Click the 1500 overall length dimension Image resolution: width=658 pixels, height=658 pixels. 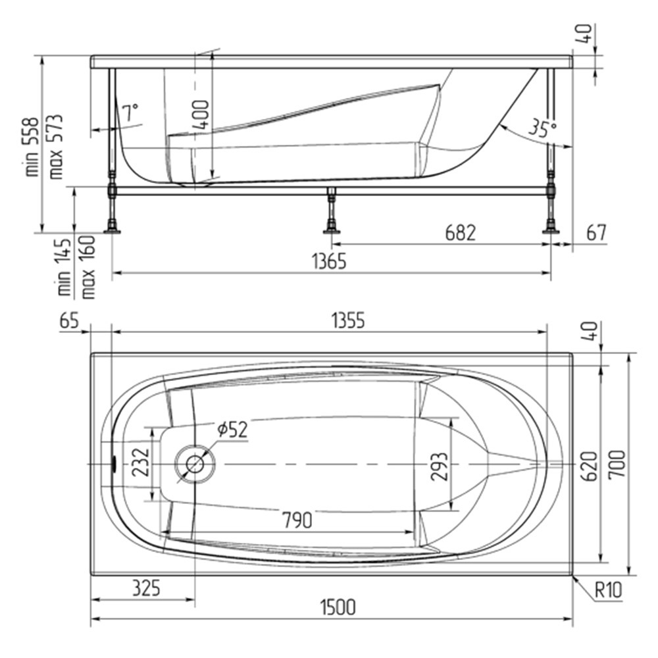pos(338,607)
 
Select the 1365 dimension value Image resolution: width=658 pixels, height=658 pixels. pos(330,261)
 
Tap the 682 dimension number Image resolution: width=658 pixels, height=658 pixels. pos(461,233)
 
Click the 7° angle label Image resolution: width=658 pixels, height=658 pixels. pos(130,113)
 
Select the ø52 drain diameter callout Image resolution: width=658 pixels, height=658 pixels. pos(232,429)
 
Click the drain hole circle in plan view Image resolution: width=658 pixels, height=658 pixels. pos(195,464)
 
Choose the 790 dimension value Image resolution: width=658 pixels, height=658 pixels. pos(297,520)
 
